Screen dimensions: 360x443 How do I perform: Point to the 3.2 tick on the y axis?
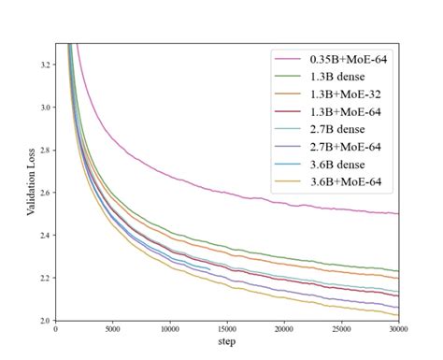point(45,65)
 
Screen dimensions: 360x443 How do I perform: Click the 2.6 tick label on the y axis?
point(45,193)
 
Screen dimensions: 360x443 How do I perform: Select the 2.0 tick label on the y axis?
point(45,321)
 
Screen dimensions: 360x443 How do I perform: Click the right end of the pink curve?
point(398,214)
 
